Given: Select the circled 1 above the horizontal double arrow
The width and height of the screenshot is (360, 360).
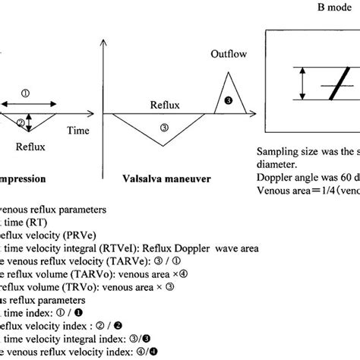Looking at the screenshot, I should coord(25,93).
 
